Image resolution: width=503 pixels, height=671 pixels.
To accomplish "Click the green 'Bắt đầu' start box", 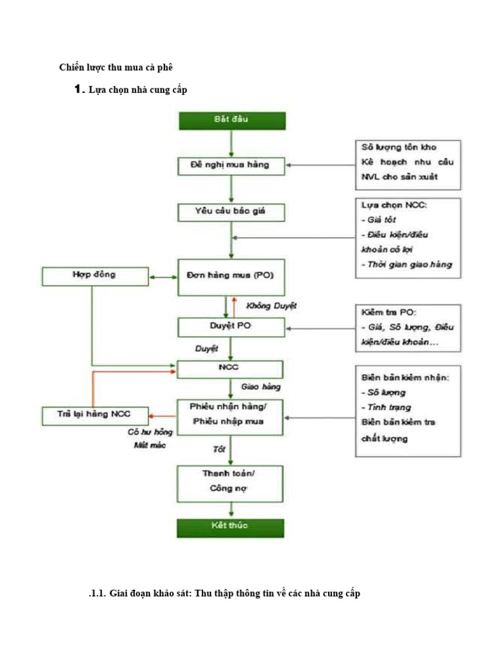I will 231,121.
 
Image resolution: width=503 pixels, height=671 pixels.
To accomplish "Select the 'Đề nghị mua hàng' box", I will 231,166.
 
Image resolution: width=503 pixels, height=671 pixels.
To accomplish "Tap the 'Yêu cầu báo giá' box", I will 231,212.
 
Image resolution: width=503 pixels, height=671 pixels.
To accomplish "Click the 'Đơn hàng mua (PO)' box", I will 231,276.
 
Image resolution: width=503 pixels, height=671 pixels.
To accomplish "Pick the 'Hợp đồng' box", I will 95,276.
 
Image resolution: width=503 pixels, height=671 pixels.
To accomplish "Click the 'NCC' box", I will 231,368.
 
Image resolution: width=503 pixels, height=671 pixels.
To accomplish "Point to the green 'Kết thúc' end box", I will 231,527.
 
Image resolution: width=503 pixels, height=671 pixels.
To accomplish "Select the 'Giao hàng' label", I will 261,387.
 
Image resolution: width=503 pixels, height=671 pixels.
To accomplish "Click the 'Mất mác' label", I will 149,446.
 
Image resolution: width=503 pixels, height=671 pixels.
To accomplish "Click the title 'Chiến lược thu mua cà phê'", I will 116,67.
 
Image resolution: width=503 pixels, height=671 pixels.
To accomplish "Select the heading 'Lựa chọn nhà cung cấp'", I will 138,90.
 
